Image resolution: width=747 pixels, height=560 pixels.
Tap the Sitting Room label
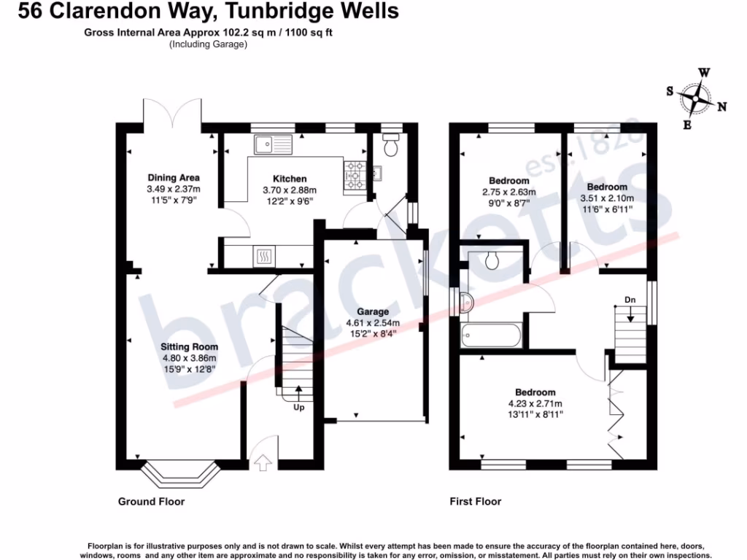tap(190, 347)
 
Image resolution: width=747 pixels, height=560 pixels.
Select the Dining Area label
tap(174, 178)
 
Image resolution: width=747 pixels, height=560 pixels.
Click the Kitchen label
tap(290, 179)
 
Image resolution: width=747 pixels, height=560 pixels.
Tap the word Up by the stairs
tap(298, 407)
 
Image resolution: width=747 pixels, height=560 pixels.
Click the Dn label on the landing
tap(630, 300)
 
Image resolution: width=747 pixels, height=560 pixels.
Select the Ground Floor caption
tap(151, 502)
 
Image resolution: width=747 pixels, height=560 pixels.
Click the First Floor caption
tap(475, 502)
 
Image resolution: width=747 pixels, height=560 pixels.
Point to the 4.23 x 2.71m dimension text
tap(535, 404)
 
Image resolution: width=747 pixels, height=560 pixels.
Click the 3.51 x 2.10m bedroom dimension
tap(606, 198)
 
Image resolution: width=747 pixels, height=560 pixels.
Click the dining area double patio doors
tap(172, 114)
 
